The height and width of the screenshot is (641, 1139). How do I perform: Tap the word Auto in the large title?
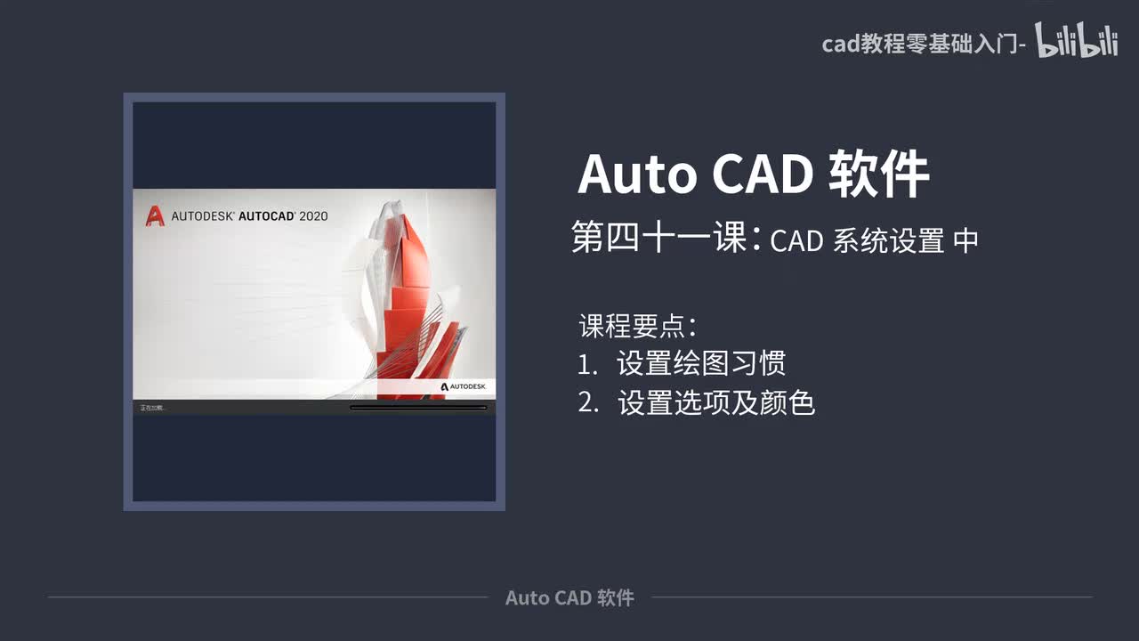coord(636,174)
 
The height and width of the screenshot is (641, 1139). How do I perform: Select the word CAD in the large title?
coord(762,174)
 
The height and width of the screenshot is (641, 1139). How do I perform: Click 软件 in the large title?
coord(879,174)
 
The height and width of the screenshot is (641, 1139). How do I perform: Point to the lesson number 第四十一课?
coord(658,239)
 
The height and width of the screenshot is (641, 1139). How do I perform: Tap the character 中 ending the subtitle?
coord(965,241)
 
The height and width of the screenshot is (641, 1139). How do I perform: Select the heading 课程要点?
coord(637,326)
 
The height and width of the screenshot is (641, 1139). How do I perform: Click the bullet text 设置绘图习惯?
coord(701,363)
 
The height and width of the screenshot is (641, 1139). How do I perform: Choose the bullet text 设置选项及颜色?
coord(716,403)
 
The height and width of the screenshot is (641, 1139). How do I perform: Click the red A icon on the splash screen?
coord(155,215)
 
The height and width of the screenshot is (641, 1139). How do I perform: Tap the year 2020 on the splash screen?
coord(313,215)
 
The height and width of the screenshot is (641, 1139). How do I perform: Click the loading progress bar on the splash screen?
coord(418,408)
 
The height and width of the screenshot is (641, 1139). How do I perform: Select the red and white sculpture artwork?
coord(414,294)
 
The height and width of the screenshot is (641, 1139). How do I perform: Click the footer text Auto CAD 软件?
coord(569,597)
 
